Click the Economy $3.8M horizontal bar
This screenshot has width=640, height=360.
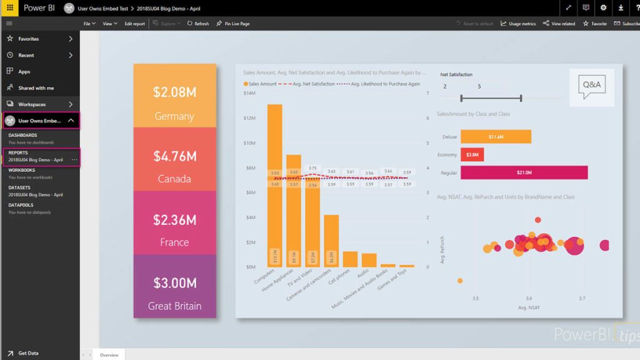click(x=472, y=154)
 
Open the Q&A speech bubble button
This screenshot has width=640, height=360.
click(x=591, y=87)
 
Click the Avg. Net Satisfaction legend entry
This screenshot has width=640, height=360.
click(x=306, y=84)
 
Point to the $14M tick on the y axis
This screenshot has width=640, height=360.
click(x=249, y=93)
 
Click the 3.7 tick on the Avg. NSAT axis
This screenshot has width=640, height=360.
click(x=582, y=298)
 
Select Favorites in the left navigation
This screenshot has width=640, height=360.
click(x=28, y=39)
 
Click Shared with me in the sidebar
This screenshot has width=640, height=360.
click(x=36, y=88)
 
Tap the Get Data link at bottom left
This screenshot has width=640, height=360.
click(x=28, y=353)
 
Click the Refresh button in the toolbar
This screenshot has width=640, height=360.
click(x=198, y=24)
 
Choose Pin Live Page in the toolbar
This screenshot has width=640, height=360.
click(x=233, y=24)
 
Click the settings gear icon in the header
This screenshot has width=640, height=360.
click(x=603, y=8)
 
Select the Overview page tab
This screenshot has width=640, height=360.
click(x=109, y=355)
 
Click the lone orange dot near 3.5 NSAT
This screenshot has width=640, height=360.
click(x=460, y=281)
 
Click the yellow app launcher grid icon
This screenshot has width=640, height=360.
click(x=9, y=8)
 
